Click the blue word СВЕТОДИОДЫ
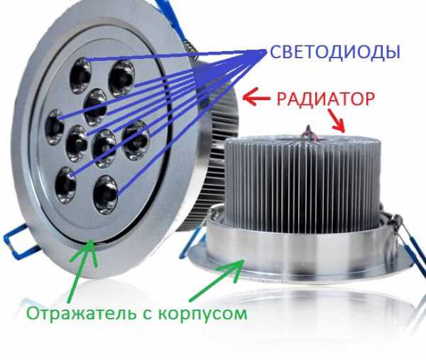click(x=335, y=52)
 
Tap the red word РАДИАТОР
click(x=326, y=99)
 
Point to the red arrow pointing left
click(x=256, y=97)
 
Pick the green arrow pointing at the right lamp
click(x=217, y=280)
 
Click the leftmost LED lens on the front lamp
click(x=55, y=127)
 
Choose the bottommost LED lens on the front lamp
click(x=106, y=195)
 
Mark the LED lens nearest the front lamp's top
click(x=80, y=75)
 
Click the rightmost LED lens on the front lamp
click(x=136, y=140)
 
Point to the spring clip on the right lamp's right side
click(x=408, y=242)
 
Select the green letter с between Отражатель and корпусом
click(x=148, y=316)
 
